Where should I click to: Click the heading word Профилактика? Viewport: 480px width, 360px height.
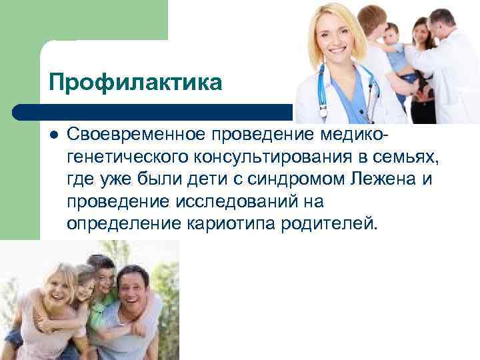tap(136, 83)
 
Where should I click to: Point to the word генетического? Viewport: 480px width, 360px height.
tap(127, 157)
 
